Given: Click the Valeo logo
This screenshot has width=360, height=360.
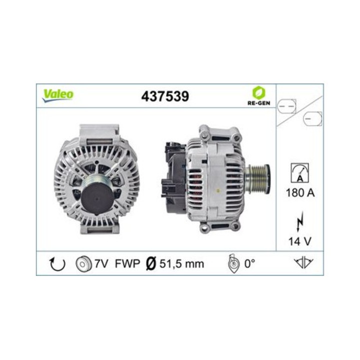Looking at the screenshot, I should tap(58, 95).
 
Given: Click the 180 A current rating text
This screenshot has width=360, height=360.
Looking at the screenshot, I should tap(300, 193).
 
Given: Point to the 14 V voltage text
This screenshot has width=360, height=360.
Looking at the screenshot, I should tap(300, 241).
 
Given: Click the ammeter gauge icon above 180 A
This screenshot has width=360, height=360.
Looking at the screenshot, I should tap(300, 172).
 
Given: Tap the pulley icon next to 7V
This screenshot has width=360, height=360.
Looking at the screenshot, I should tap(82, 264).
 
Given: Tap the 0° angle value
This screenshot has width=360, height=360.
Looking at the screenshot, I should tap(250, 264).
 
